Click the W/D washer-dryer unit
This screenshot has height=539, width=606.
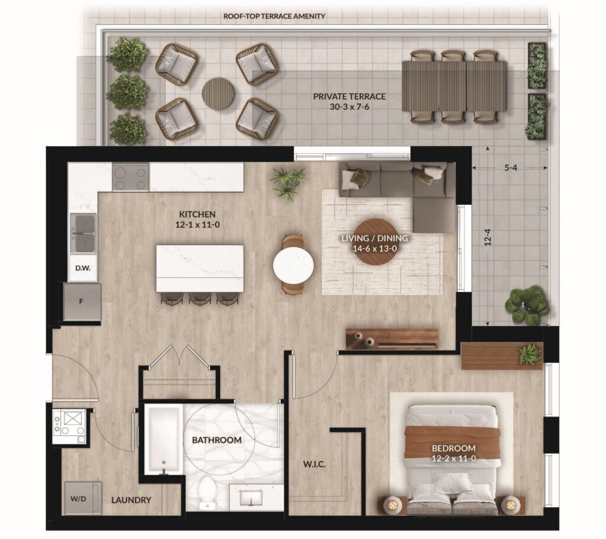click(83, 498)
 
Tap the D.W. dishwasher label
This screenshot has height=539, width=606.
click(83, 268)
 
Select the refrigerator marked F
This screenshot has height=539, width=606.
click(82, 301)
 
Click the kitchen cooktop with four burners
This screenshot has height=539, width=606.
click(131, 177)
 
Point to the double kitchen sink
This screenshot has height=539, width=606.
click(83, 233)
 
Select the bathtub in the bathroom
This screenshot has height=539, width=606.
click(164, 439)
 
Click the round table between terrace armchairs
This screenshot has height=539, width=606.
click(218, 93)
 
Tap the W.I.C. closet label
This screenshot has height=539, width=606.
click(314, 464)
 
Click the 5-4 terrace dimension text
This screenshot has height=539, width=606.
click(511, 167)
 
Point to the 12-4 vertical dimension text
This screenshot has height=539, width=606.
click(488, 237)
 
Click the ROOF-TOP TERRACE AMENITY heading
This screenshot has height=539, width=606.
click(275, 16)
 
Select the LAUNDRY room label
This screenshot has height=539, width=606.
click(131, 500)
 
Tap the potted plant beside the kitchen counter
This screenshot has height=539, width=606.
click(288, 182)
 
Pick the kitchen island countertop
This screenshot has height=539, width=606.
click(200, 268)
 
